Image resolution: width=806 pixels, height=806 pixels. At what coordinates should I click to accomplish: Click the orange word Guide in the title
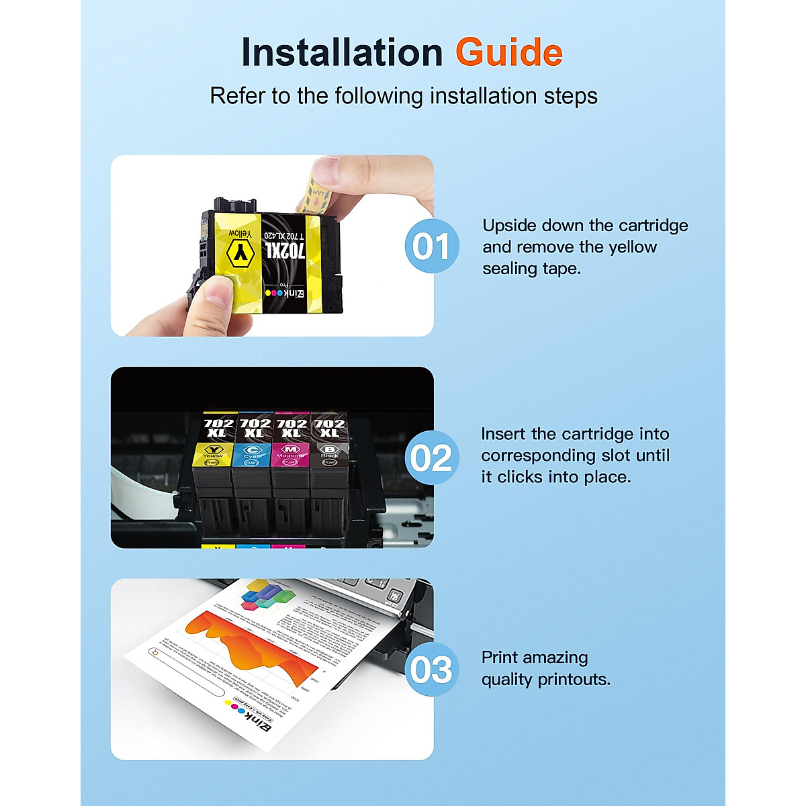point(508,53)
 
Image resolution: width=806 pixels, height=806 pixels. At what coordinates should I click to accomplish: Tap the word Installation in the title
point(342,53)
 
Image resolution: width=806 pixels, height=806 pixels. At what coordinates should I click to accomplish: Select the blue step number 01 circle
point(432,247)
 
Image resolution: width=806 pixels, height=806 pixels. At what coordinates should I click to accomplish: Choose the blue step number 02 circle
point(432,458)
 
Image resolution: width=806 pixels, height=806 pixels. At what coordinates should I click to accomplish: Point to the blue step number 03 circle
point(432,669)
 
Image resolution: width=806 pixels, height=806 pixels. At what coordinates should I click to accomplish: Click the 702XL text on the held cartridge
point(285,252)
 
